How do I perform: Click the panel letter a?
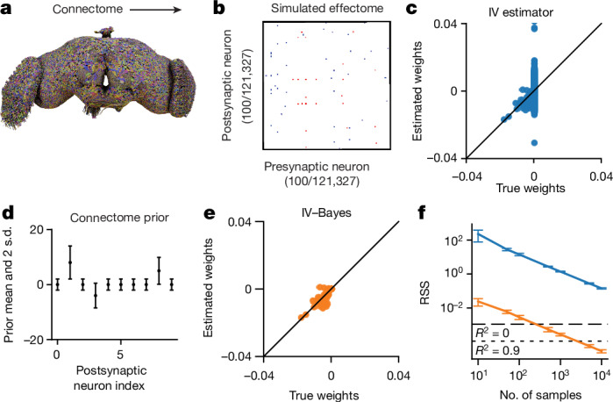point(6,9)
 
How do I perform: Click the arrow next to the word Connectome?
point(155,9)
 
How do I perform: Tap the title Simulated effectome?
point(327,9)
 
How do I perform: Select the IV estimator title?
point(521,12)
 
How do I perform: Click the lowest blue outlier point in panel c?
point(534,143)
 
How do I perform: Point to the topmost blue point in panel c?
point(534,28)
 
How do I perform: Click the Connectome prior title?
point(119,218)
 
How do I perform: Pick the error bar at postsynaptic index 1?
point(70,262)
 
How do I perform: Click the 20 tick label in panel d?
point(36,229)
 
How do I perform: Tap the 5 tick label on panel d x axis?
point(120,355)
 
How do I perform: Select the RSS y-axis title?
point(424,293)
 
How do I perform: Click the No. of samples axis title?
point(540,394)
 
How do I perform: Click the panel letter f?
point(422,213)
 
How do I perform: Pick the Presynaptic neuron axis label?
point(317,167)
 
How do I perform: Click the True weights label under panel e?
point(324,395)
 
